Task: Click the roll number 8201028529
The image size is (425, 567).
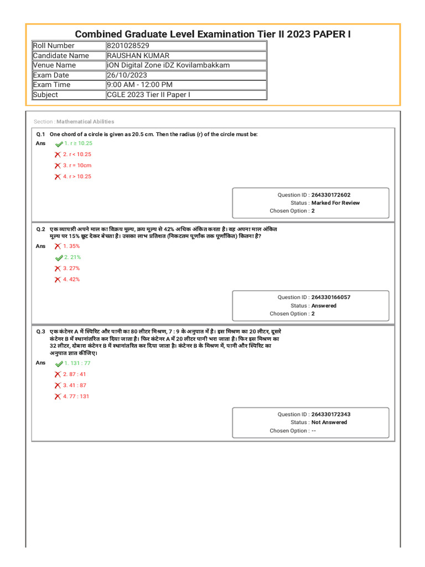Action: (x=128, y=45)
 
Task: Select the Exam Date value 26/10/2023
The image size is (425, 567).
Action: (x=126, y=75)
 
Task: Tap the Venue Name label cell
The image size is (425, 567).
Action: (x=54, y=65)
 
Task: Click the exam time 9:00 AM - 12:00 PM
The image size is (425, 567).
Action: (x=139, y=85)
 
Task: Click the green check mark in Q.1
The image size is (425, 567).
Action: (x=59, y=143)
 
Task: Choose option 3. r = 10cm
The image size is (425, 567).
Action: (x=77, y=165)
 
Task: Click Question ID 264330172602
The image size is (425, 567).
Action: (x=330, y=195)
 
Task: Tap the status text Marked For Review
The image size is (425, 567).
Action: (x=335, y=203)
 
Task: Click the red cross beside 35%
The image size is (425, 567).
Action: (x=58, y=246)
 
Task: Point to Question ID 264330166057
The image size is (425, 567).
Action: (x=330, y=297)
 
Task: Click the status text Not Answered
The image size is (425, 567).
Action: (x=329, y=422)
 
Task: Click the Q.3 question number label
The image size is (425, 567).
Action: (x=40, y=331)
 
